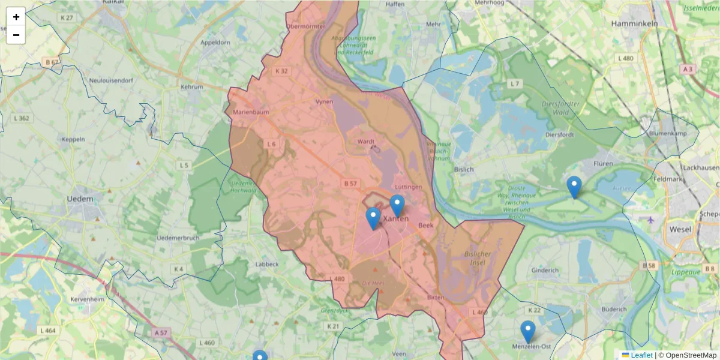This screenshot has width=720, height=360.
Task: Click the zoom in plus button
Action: tap(16, 17)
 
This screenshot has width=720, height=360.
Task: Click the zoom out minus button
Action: tap(16, 35)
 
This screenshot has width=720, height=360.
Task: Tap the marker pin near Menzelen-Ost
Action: tap(528, 331)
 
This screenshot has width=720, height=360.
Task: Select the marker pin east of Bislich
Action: tap(574, 187)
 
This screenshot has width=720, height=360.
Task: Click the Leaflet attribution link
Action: tap(641, 355)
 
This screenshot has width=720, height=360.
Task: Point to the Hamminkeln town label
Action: tap(634, 23)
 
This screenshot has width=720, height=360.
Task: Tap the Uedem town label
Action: tap(80, 199)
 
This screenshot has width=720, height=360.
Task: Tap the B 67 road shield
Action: tap(52, 62)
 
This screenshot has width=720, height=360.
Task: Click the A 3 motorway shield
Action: tap(688, 69)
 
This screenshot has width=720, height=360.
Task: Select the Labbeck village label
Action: tap(266, 264)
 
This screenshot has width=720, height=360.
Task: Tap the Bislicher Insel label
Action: tap(478, 258)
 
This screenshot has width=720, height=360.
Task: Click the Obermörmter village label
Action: tap(305, 26)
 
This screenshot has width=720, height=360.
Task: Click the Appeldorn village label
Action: tap(215, 43)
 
